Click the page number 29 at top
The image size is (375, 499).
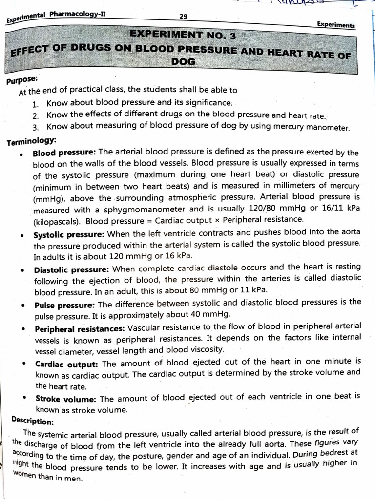(x=183, y=16)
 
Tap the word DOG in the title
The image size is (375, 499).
(x=183, y=62)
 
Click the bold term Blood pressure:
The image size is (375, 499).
(x=64, y=153)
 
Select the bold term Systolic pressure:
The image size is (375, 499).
(x=69, y=234)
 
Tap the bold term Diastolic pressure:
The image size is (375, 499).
(x=72, y=269)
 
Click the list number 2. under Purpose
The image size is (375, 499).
(x=36, y=115)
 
